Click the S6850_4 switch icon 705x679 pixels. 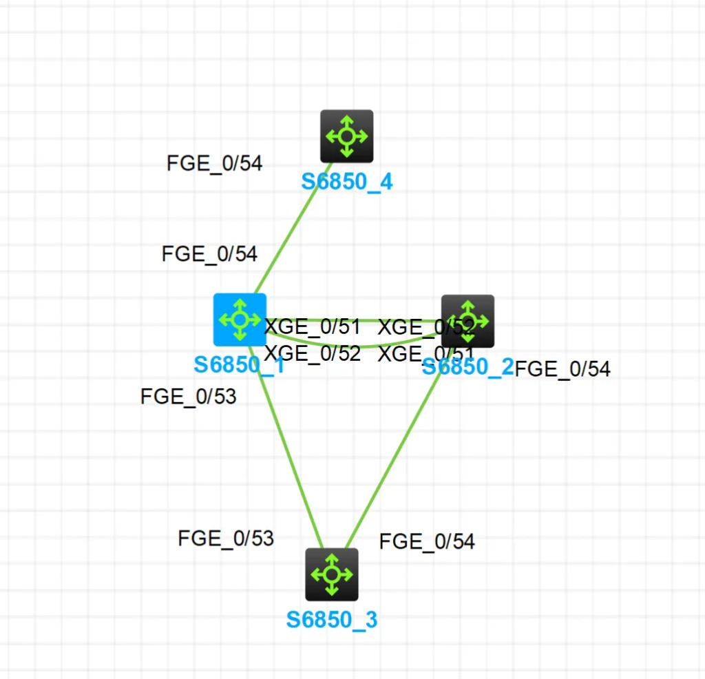coord(347,136)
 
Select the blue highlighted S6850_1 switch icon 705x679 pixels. coord(240,320)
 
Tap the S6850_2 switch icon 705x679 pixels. coord(467,321)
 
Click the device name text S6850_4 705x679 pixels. coord(347,182)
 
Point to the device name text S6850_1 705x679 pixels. coord(239,364)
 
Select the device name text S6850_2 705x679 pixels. coord(467,366)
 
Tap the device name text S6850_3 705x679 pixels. coord(332,620)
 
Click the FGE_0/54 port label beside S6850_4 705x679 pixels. coord(215,164)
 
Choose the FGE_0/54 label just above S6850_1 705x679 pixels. coord(209,254)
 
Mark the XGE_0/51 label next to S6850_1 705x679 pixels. coord(313,326)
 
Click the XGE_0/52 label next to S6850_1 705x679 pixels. coord(313,353)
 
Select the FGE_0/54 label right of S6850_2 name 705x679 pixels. coord(562,369)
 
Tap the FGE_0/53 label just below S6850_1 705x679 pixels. coord(189,397)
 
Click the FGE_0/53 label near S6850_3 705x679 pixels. coord(226,538)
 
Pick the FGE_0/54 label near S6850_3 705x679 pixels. coord(427,541)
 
